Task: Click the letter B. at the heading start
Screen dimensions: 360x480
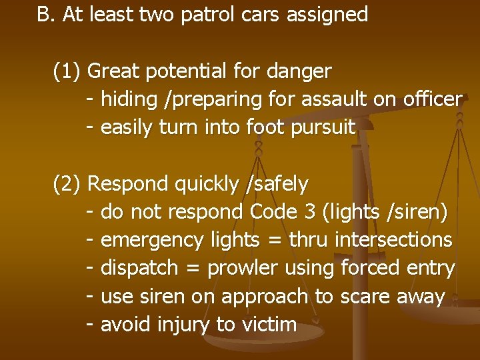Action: [x=46, y=15]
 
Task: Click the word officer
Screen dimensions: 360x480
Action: [x=433, y=99]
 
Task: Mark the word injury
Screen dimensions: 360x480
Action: [x=183, y=325]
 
